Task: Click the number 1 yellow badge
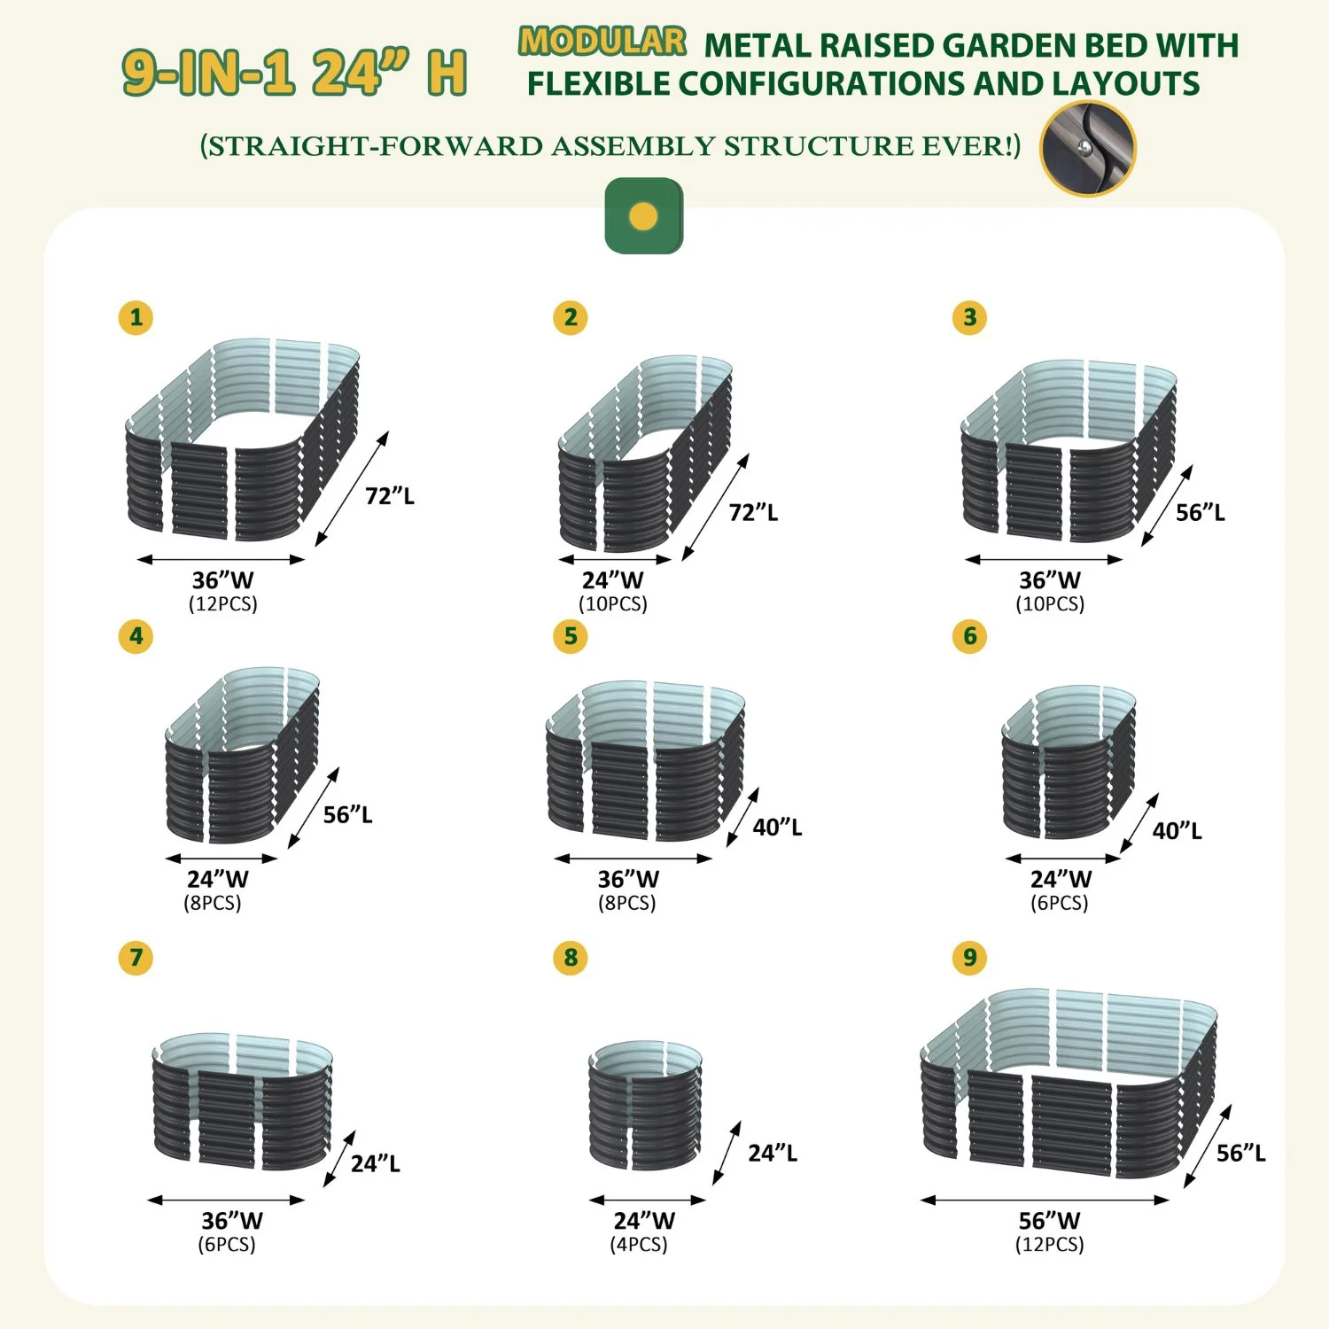[136, 317]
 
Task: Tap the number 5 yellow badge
[571, 636]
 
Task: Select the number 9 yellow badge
[970, 958]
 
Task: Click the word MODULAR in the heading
[602, 42]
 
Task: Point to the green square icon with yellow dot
[644, 216]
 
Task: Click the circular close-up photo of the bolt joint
[1088, 149]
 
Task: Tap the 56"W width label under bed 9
[1050, 1221]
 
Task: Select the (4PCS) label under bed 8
[639, 1245]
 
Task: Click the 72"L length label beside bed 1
[390, 496]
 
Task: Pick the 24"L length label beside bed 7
[376, 1163]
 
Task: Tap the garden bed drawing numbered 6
[1069, 762]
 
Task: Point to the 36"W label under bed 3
[1050, 580]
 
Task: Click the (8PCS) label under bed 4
[213, 903]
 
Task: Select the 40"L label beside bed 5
[778, 828]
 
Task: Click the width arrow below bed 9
[1045, 1201]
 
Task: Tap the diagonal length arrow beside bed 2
[716, 508]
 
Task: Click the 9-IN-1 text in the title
[209, 73]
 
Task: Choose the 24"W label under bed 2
[613, 580]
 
